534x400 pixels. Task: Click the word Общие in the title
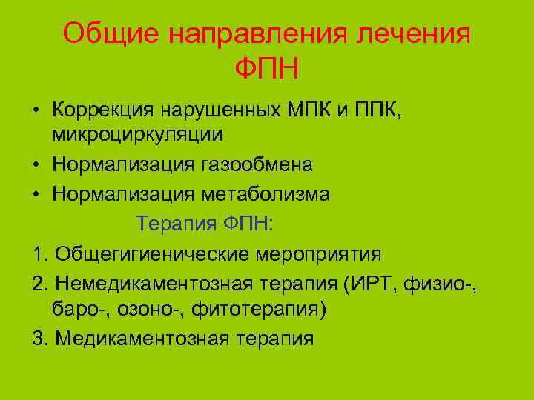[105, 33]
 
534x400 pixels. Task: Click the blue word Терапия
[174, 223]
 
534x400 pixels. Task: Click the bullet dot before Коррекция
[36, 112]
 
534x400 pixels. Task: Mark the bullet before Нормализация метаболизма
[36, 195]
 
